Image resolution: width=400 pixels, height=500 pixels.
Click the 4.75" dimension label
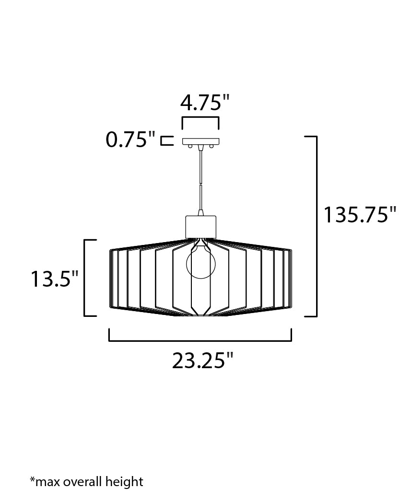tap(205, 103)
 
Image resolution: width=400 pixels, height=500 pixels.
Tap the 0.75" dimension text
tap(130, 140)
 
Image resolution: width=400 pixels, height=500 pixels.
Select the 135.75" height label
tap(360, 214)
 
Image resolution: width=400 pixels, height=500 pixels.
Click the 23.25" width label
tap(203, 360)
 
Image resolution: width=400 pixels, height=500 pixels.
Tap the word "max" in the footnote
tap(47, 482)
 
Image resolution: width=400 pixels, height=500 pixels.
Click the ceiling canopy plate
tap(200, 141)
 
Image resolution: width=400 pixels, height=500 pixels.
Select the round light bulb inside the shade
tap(200, 263)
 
